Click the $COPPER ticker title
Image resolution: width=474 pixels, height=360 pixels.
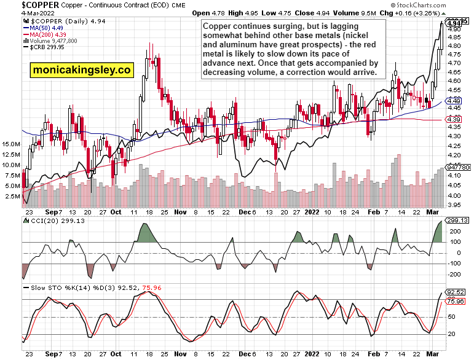click(x=26, y=4)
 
